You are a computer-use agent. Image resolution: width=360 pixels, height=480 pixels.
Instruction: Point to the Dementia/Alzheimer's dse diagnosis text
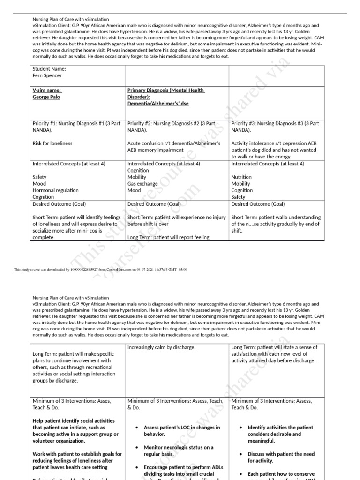[x=158, y=104]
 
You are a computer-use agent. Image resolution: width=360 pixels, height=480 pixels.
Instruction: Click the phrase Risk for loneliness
[x=52, y=143]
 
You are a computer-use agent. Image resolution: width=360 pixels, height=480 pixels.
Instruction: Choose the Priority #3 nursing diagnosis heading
[x=275, y=127]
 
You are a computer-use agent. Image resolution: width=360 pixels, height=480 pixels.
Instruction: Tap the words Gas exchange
[x=143, y=184]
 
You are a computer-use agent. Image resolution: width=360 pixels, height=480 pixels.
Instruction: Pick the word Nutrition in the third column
[x=241, y=177]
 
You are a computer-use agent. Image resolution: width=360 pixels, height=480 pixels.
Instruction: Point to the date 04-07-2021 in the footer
[x=132, y=270]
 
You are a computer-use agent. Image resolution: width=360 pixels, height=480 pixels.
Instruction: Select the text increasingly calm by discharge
[x=161, y=347]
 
